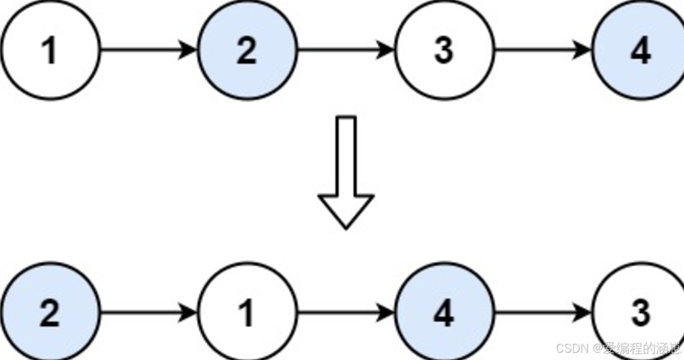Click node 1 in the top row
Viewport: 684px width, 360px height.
pyautogui.click(x=50, y=50)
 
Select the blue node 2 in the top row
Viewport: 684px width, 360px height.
pyautogui.click(x=247, y=50)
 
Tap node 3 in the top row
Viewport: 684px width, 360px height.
pyautogui.click(x=444, y=50)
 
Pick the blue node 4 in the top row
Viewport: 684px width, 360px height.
pyautogui.click(x=640, y=50)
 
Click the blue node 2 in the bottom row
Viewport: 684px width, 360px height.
pyautogui.click(x=50, y=313)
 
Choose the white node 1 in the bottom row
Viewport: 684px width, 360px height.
pyautogui.click(x=247, y=313)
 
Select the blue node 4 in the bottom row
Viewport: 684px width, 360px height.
pyautogui.click(x=444, y=313)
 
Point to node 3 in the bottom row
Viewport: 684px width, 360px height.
pyautogui.click(x=640, y=313)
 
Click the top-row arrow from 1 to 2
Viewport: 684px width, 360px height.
pyautogui.click(x=148, y=50)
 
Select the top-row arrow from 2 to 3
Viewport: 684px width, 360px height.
pyautogui.click(x=345, y=50)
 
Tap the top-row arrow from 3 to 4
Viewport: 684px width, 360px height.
pyautogui.click(x=542, y=50)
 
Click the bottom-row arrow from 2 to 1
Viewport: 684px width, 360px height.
pyautogui.click(x=148, y=313)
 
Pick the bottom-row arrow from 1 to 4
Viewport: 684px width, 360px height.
pyautogui.click(x=345, y=313)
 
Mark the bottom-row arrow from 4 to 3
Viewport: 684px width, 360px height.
pyautogui.click(x=542, y=313)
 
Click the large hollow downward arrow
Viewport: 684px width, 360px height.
pyautogui.click(x=346, y=171)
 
